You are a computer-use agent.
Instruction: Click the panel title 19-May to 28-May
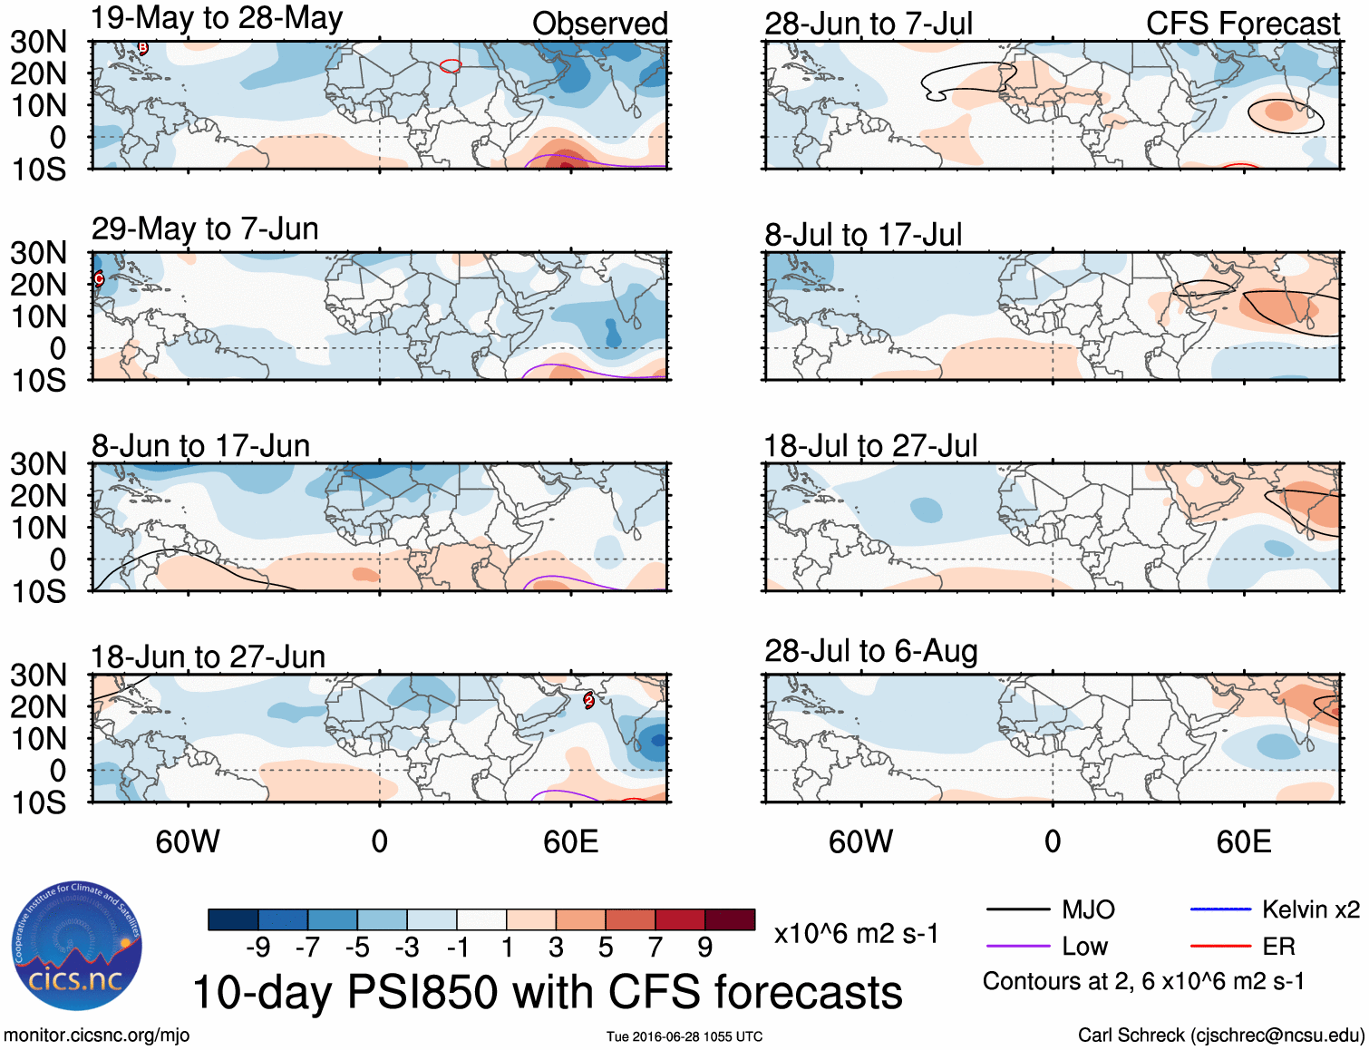click(217, 19)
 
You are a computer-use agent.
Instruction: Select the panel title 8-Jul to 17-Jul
click(862, 234)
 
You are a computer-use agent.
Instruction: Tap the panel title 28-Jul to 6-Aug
click(870, 651)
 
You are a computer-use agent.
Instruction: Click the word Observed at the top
click(599, 24)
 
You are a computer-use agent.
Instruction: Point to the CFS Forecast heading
click(1242, 24)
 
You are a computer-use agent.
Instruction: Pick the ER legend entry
click(1278, 947)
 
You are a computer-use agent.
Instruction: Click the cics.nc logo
click(76, 947)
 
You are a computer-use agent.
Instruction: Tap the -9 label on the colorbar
click(258, 948)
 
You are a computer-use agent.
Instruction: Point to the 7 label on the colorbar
click(655, 948)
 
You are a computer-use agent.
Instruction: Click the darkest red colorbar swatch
click(730, 919)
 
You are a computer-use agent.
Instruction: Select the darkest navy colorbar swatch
click(233, 919)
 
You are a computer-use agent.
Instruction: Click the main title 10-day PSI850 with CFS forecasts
click(548, 992)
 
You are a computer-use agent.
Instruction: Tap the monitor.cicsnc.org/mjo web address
click(96, 1035)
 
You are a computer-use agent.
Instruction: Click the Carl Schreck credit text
click(1220, 1035)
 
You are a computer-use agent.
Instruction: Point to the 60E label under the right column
click(1243, 842)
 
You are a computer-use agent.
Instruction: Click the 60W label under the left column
click(188, 842)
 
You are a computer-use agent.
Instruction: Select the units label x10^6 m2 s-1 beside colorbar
click(856, 934)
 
